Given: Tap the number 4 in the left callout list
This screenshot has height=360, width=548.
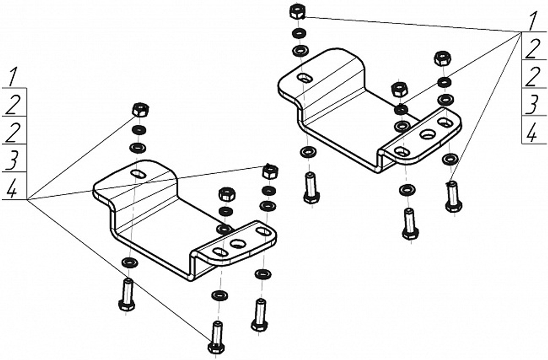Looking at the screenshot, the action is [x=12, y=190].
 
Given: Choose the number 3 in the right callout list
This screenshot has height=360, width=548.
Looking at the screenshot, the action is [x=532, y=105].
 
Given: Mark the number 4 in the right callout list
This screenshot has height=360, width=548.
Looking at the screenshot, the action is [x=532, y=134].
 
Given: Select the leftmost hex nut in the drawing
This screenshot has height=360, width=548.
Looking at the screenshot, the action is [x=140, y=110].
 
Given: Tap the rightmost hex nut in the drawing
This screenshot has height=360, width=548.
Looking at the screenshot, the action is [x=442, y=59].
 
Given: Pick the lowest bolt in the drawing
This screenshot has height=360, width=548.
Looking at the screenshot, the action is [x=216, y=338].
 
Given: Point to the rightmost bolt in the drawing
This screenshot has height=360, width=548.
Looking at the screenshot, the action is [x=453, y=197].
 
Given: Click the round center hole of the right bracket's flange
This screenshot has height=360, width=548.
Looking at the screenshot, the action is [x=426, y=135].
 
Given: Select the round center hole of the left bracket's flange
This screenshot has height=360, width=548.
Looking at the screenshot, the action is [x=238, y=244].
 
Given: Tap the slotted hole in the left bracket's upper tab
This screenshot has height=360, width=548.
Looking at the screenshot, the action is [x=139, y=173].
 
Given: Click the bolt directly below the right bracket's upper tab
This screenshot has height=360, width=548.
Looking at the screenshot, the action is [x=310, y=188].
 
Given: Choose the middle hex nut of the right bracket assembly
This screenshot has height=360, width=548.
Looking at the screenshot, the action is [x=399, y=90].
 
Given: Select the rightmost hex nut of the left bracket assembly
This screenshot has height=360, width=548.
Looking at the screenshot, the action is [x=270, y=172].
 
